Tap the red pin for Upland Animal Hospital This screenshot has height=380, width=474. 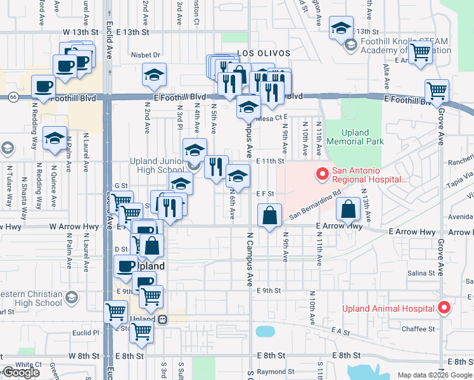tap(444, 308)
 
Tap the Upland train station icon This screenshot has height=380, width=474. tap(162, 319)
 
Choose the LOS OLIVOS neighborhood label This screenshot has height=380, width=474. tap(263, 53)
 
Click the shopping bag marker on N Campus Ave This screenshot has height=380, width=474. tap(270, 215)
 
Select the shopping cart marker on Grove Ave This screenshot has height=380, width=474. tap(437, 90)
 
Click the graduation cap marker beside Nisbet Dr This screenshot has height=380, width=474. tap(153, 74)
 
